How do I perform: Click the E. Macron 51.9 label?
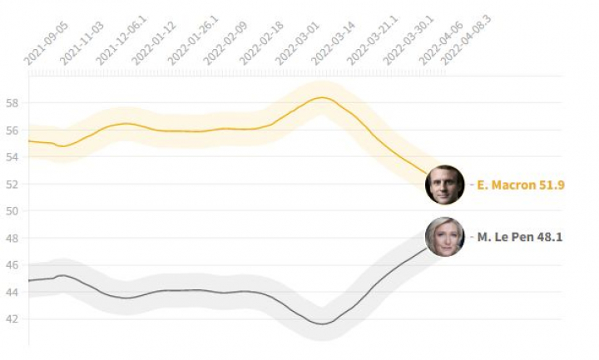[521, 185]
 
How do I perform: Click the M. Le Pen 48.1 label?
[519, 238]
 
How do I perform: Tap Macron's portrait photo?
[444, 185]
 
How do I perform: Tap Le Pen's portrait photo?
[444, 237]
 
